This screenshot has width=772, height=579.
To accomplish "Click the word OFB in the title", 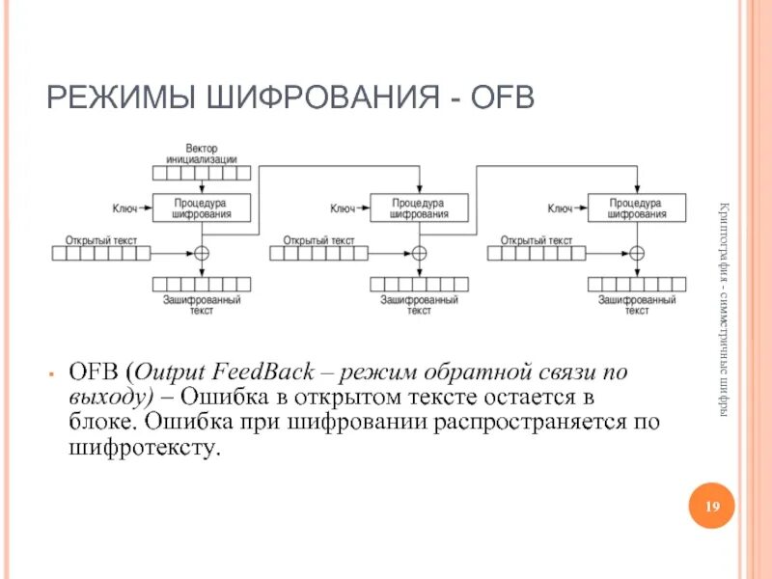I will [x=499, y=96].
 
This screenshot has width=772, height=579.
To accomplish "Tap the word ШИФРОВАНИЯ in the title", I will [x=304, y=96].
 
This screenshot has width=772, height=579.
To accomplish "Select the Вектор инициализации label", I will [x=201, y=154].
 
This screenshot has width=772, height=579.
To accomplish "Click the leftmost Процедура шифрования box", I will [x=202, y=208].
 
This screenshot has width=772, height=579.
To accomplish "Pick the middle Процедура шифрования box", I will [x=419, y=208].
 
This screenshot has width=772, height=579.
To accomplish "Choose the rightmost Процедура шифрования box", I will [x=636, y=208].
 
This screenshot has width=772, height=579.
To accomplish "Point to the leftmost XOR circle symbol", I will [x=202, y=253].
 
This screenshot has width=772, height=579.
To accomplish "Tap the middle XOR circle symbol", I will [x=419, y=253].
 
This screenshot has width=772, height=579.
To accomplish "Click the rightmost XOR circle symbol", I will [x=636, y=253].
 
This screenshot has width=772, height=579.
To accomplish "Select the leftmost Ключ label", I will [x=124, y=207].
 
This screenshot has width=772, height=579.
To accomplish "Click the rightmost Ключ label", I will [x=560, y=207].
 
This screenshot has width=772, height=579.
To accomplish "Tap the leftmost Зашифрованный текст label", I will [x=202, y=306].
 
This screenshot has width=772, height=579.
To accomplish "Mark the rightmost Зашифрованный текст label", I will [x=636, y=306].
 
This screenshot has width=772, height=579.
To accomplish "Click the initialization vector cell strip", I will [x=202, y=173].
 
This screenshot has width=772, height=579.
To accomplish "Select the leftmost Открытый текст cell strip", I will [x=101, y=253].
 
